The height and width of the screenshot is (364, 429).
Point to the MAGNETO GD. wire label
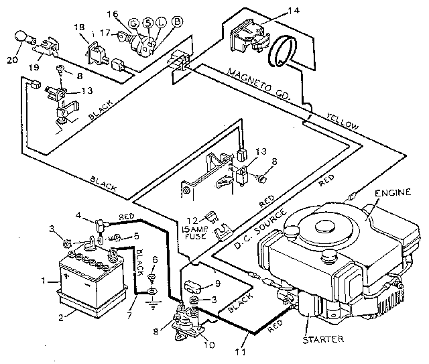point(257,83)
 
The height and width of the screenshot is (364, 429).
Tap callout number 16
point(129,13)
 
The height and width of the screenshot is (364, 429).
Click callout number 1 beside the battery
point(44,280)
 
